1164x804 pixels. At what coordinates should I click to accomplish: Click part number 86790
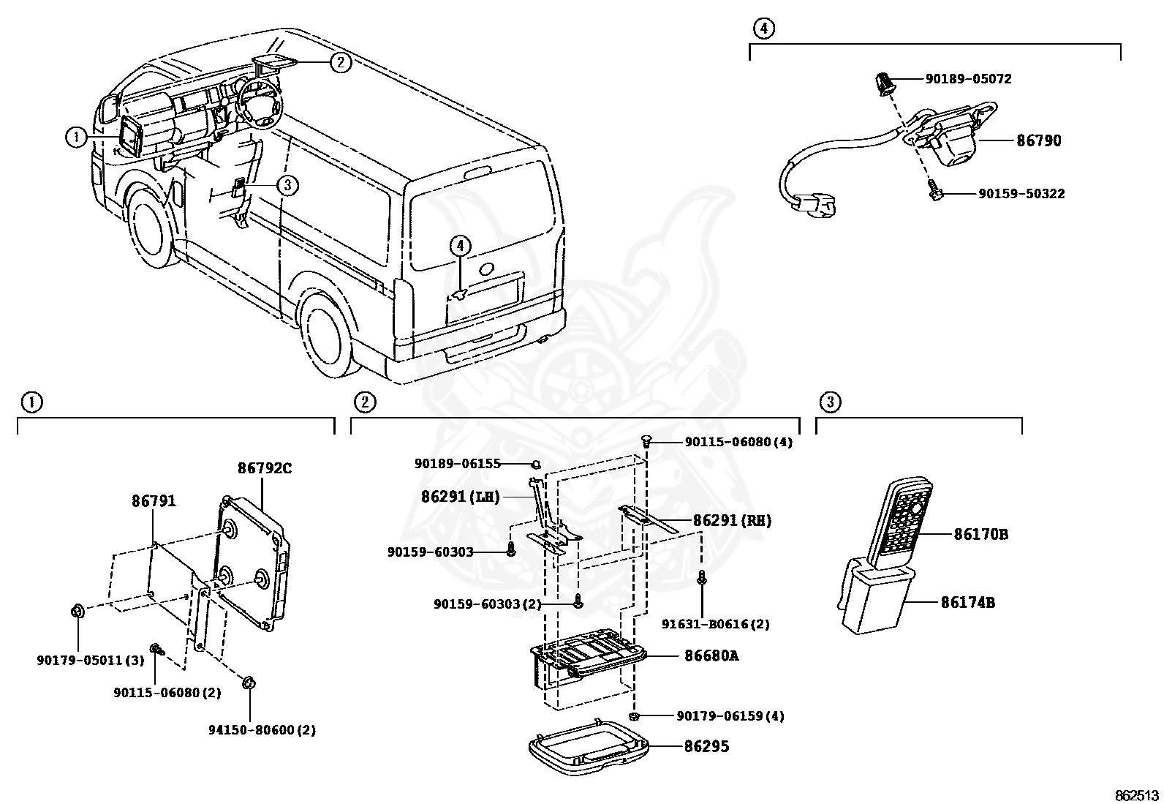click(1038, 140)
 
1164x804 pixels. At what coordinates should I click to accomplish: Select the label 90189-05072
click(968, 79)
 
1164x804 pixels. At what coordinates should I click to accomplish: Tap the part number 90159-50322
click(1021, 194)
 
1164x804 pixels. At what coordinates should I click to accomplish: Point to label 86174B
click(967, 603)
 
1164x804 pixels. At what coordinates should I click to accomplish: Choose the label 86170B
click(980, 535)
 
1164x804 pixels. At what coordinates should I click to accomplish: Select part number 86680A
click(711, 655)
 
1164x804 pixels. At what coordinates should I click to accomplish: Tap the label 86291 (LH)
click(460, 497)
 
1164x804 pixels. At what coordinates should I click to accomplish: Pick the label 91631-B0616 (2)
click(715, 624)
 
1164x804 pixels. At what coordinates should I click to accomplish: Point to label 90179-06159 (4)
click(730, 716)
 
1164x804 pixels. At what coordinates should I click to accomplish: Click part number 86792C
click(264, 468)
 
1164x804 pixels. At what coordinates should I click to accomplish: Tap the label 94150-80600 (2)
click(261, 730)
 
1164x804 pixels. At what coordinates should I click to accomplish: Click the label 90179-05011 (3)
click(91, 660)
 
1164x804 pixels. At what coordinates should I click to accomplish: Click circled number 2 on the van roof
click(340, 62)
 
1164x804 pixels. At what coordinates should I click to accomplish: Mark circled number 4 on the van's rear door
click(460, 247)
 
